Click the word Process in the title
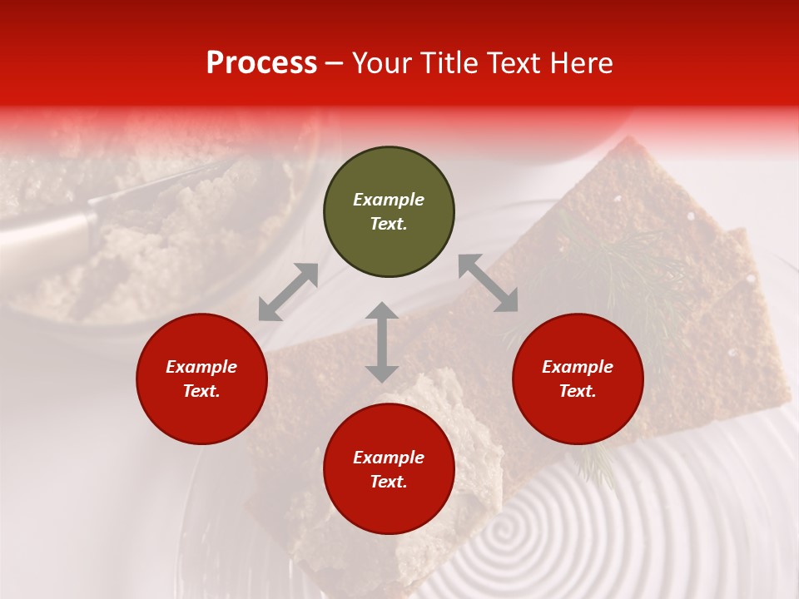[261, 63]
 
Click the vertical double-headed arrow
[382, 342]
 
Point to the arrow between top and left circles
[288, 292]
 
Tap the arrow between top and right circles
[488, 283]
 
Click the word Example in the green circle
[389, 200]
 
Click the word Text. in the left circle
[201, 391]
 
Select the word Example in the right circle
[578, 367]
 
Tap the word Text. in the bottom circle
[389, 482]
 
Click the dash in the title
[334, 64]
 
